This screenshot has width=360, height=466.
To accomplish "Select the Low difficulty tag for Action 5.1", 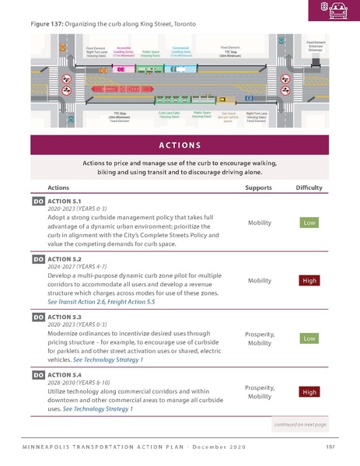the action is [309, 222].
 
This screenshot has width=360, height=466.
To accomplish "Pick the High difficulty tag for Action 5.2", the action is [309, 280].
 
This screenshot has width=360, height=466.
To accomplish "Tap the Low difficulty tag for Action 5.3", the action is [309, 338].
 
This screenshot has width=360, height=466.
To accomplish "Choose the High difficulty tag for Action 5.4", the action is [309, 392].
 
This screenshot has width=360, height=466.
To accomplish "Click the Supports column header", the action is [258, 187].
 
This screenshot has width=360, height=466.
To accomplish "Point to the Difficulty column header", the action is [309, 187].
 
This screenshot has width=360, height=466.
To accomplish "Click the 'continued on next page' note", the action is [300, 425].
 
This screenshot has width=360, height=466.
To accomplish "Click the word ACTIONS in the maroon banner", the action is [180, 145].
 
